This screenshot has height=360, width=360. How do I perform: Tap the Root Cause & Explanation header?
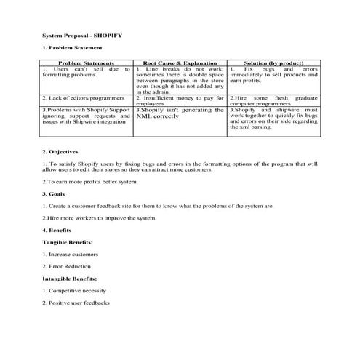pyautogui.click(x=180, y=63)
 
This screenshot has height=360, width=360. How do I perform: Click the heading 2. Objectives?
pyautogui.click(x=60, y=151)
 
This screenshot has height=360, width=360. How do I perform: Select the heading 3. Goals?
pyautogui.click(x=55, y=194)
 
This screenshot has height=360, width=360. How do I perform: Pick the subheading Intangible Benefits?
pyautogui.click(x=70, y=278)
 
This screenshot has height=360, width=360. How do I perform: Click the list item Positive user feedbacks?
pyautogui.click(x=76, y=303)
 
